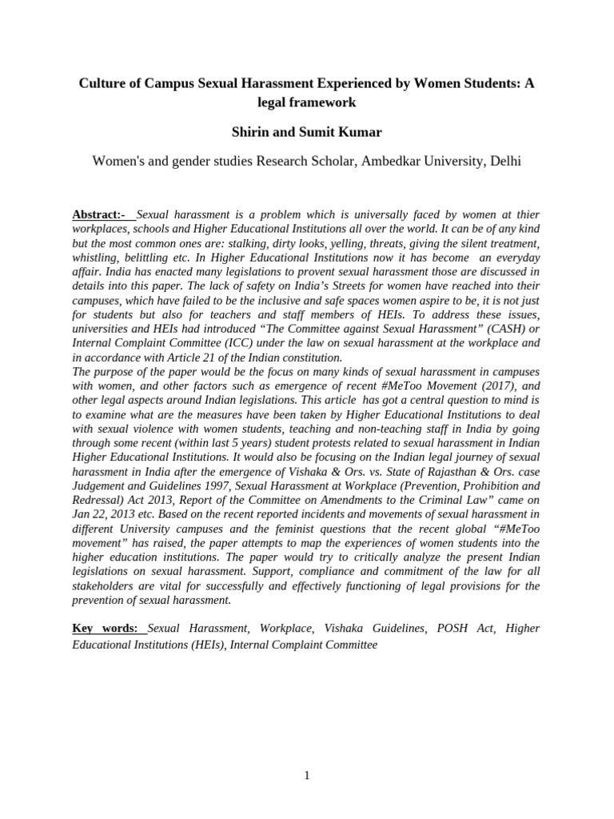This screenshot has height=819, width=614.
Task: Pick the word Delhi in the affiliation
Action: tap(504, 161)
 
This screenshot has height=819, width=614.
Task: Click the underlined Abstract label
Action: tap(99, 215)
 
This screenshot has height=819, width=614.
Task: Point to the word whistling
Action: tap(97, 258)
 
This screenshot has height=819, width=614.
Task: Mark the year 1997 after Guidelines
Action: tap(201, 473)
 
